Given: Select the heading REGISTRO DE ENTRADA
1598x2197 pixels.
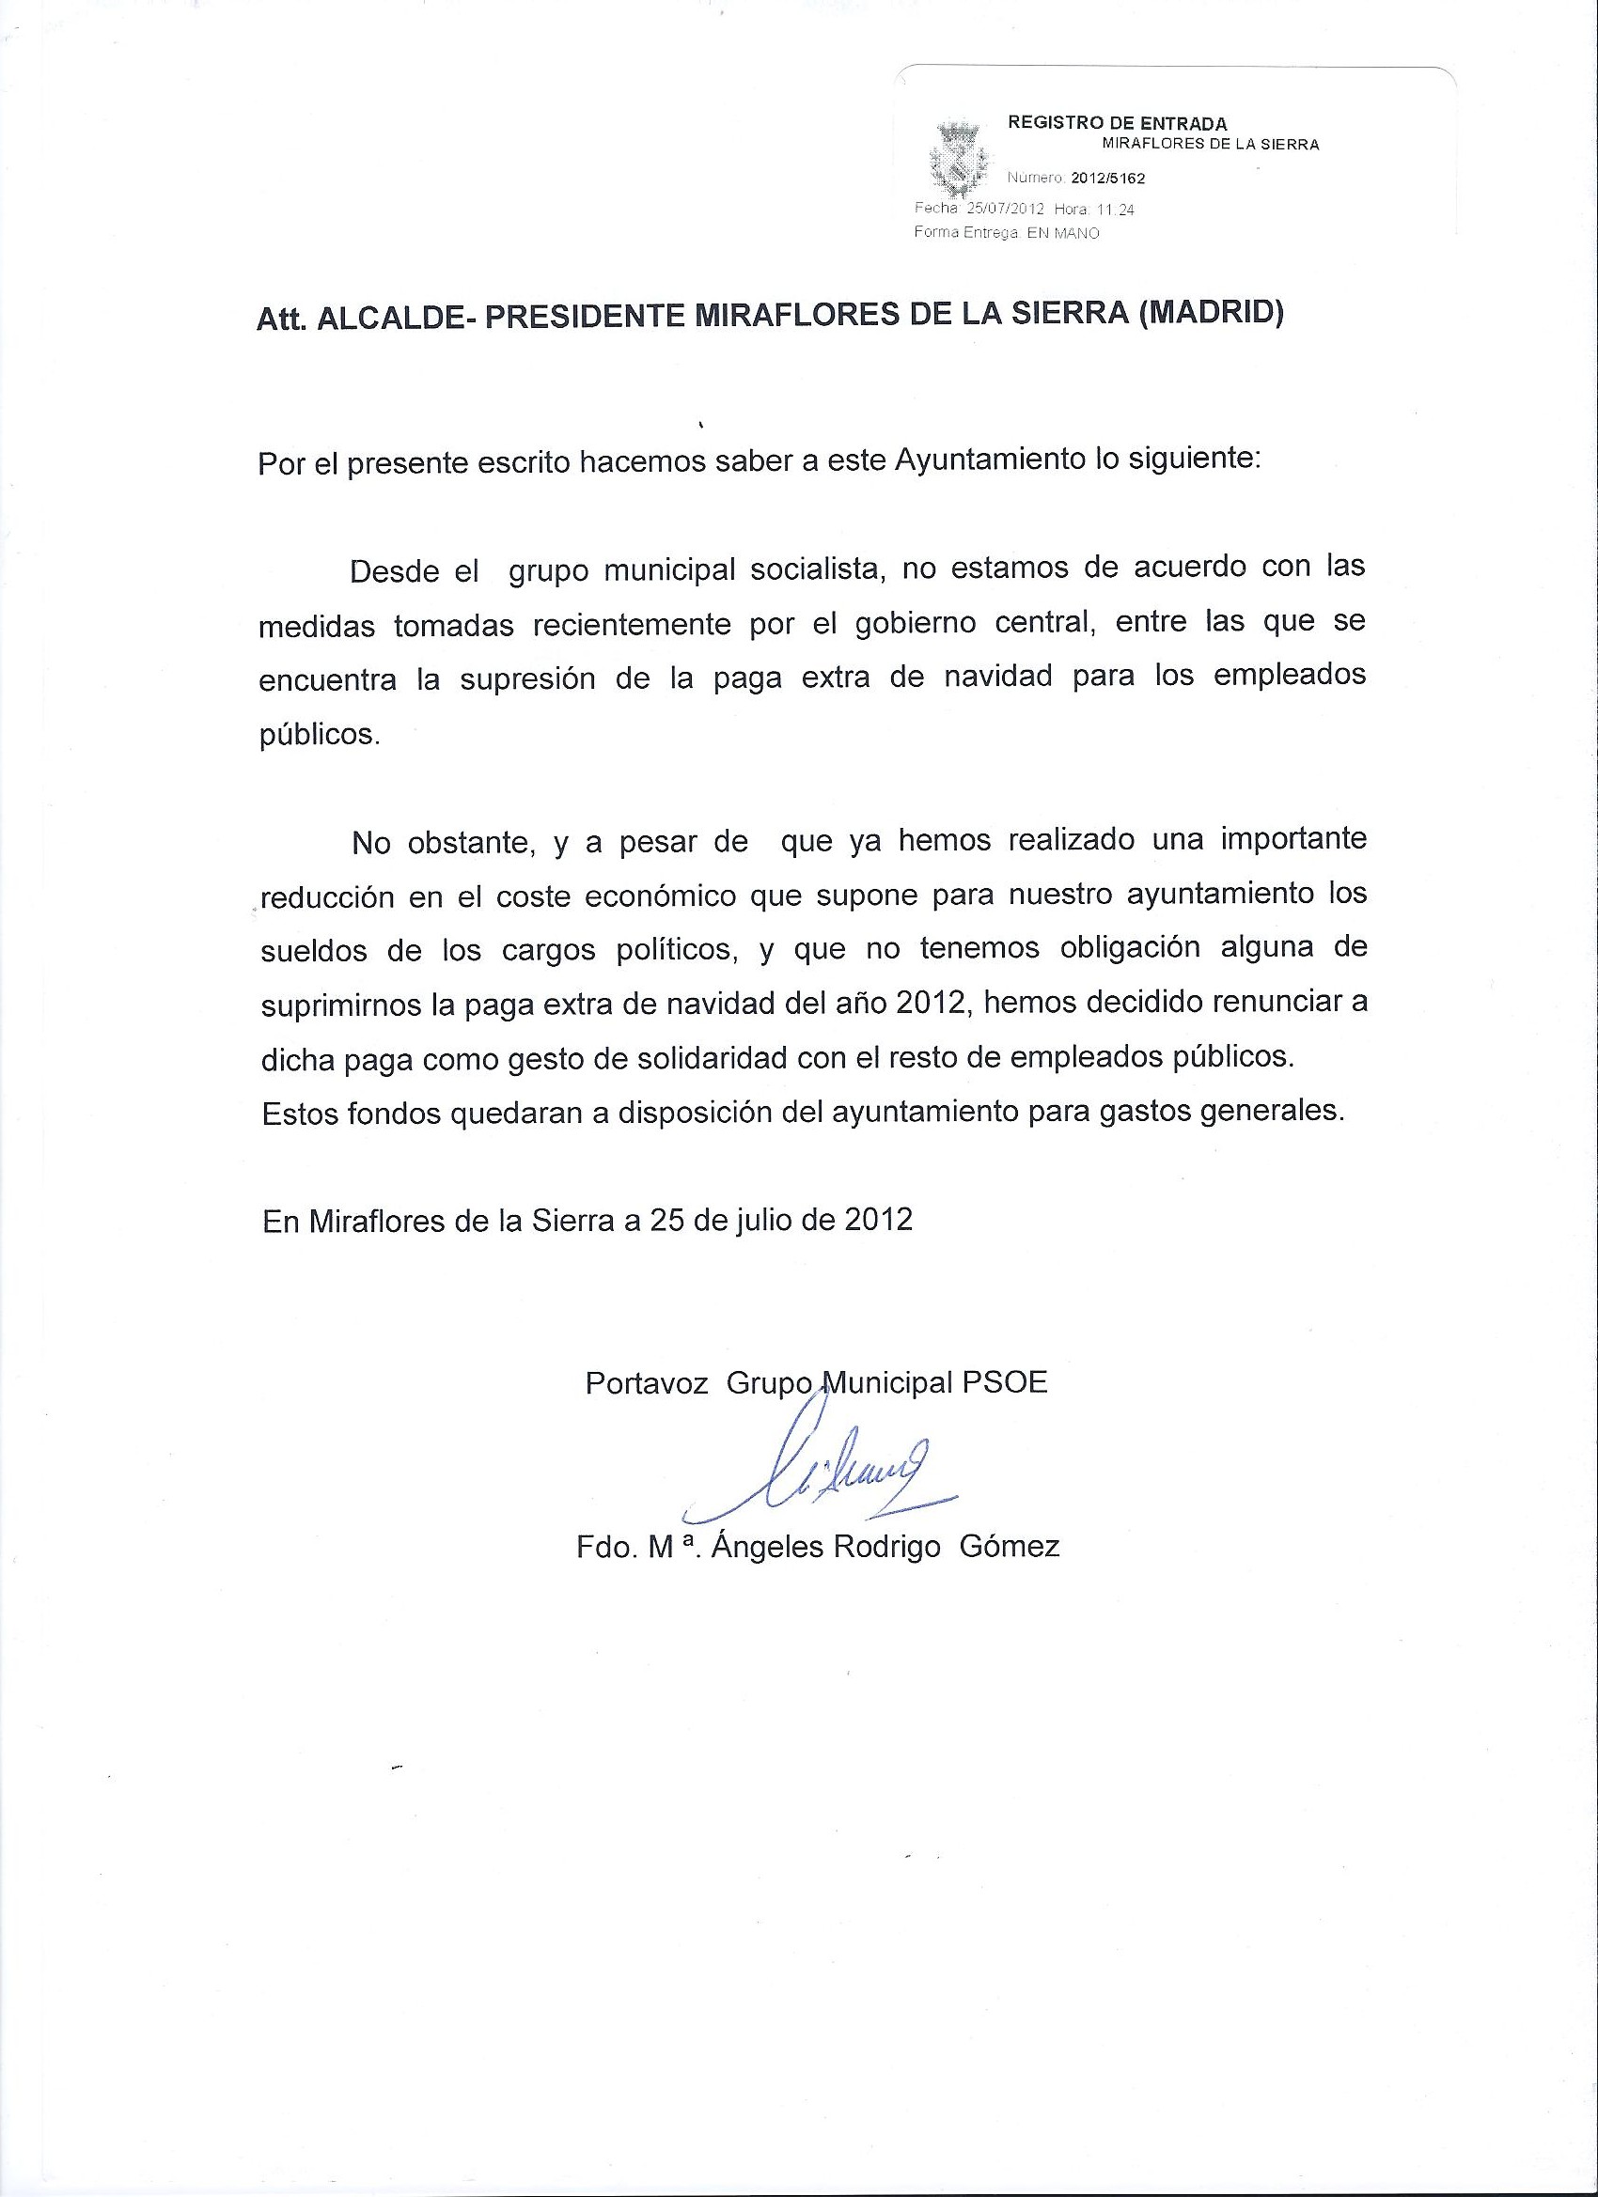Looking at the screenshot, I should point(1118,123).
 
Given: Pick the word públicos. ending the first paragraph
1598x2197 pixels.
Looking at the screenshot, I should point(320,735).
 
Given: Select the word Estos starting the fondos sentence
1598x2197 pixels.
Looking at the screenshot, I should point(300,1113).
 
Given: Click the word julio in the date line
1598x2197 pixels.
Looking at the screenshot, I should point(759,1219).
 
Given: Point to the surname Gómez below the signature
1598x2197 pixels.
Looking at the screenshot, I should point(1009,1547).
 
